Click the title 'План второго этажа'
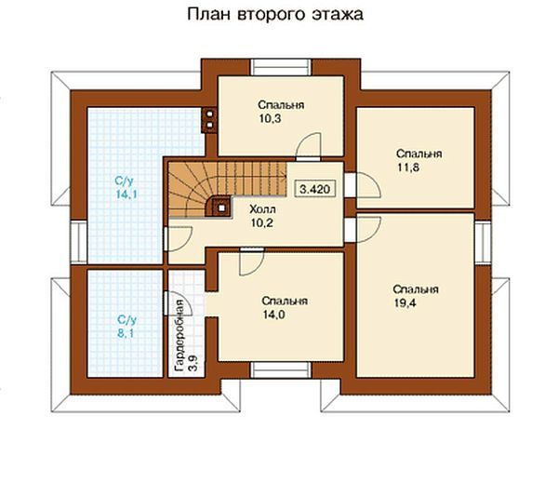pyautogui.click(x=275, y=16)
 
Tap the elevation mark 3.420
pyautogui.click(x=314, y=189)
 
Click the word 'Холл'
pyautogui.click(x=261, y=209)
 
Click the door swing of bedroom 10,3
pyautogui.click(x=309, y=144)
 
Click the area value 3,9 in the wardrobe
pyautogui.click(x=193, y=361)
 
